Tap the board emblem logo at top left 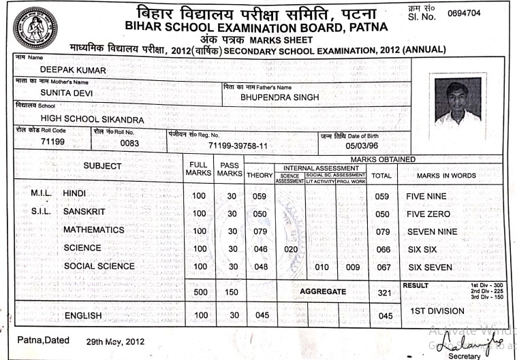[x=35, y=28]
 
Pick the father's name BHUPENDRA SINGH [x=279, y=97]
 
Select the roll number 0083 [x=129, y=144]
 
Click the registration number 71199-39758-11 [x=238, y=146]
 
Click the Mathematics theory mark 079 [x=259, y=231]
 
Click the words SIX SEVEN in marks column [x=429, y=267]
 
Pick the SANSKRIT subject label [x=84, y=212]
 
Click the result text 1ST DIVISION [x=437, y=311]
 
